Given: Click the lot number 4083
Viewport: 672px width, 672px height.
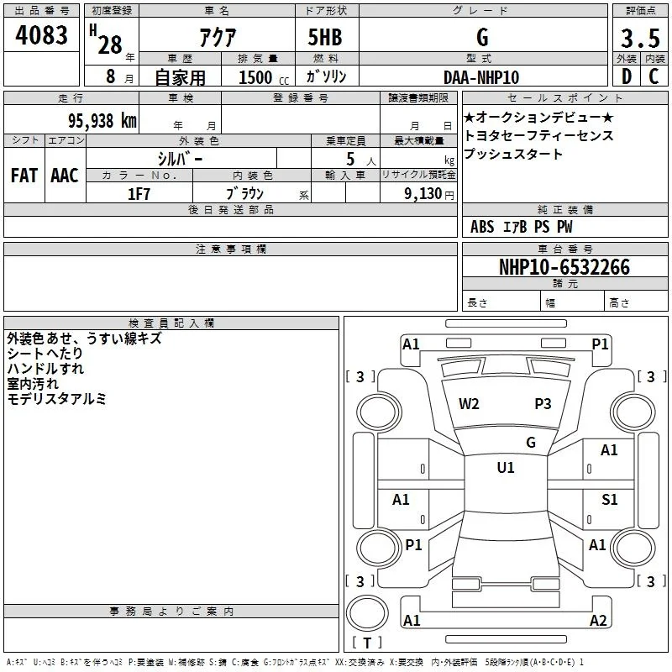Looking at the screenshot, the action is click(x=41, y=35).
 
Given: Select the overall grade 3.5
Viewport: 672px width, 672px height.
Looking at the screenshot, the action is click(x=640, y=38).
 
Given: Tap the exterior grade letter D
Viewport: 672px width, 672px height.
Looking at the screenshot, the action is click(x=627, y=76).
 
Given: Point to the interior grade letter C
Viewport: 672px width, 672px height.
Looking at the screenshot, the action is click(x=654, y=76).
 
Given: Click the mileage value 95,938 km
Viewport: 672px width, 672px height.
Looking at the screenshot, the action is click(x=102, y=120).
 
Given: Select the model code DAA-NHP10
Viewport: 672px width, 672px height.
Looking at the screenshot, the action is click(x=481, y=77).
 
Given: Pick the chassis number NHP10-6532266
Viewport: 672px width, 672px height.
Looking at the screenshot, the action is click(x=564, y=267).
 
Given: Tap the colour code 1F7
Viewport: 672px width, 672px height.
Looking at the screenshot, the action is click(x=139, y=194).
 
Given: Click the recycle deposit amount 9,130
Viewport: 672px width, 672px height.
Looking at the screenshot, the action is click(x=423, y=194).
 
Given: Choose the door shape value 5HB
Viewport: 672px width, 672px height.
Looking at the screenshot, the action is click(x=325, y=37).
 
